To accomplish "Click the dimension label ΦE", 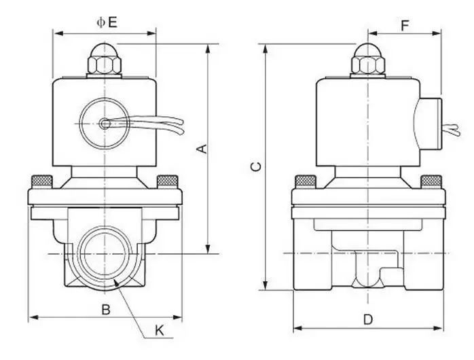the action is coord(107,22).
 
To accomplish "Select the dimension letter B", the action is coord(105,310).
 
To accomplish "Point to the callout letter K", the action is coord(160,331).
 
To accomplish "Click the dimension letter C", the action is coord(256,166).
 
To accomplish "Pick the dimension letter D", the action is coord(368,319).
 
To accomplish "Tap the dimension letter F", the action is coord(405,26).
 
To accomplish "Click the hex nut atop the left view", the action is coord(105,65).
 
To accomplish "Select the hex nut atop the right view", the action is coord(368,65).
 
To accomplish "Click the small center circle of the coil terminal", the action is coord(105,124).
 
